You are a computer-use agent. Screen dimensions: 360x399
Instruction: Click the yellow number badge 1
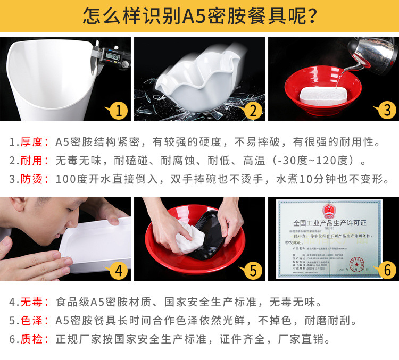tap(119, 111)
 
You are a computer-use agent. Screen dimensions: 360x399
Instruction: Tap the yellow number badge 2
tap(253, 111)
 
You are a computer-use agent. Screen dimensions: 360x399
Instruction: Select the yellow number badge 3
tap(387, 111)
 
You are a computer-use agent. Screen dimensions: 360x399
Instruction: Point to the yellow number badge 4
tap(119, 271)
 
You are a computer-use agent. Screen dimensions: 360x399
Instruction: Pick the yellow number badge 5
tap(253, 271)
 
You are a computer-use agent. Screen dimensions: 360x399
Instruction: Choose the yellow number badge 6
tap(387, 271)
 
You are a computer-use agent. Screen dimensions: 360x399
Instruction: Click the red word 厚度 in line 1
tap(31, 142)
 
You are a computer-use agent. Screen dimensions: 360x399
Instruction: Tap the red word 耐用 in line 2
tap(31, 160)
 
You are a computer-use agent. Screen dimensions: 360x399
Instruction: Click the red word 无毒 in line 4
tap(31, 303)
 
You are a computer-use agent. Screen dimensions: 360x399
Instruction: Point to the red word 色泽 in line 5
tap(31, 321)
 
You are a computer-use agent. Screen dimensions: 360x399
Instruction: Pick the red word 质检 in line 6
tap(31, 339)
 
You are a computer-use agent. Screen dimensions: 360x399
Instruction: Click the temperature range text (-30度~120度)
tap(317, 160)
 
